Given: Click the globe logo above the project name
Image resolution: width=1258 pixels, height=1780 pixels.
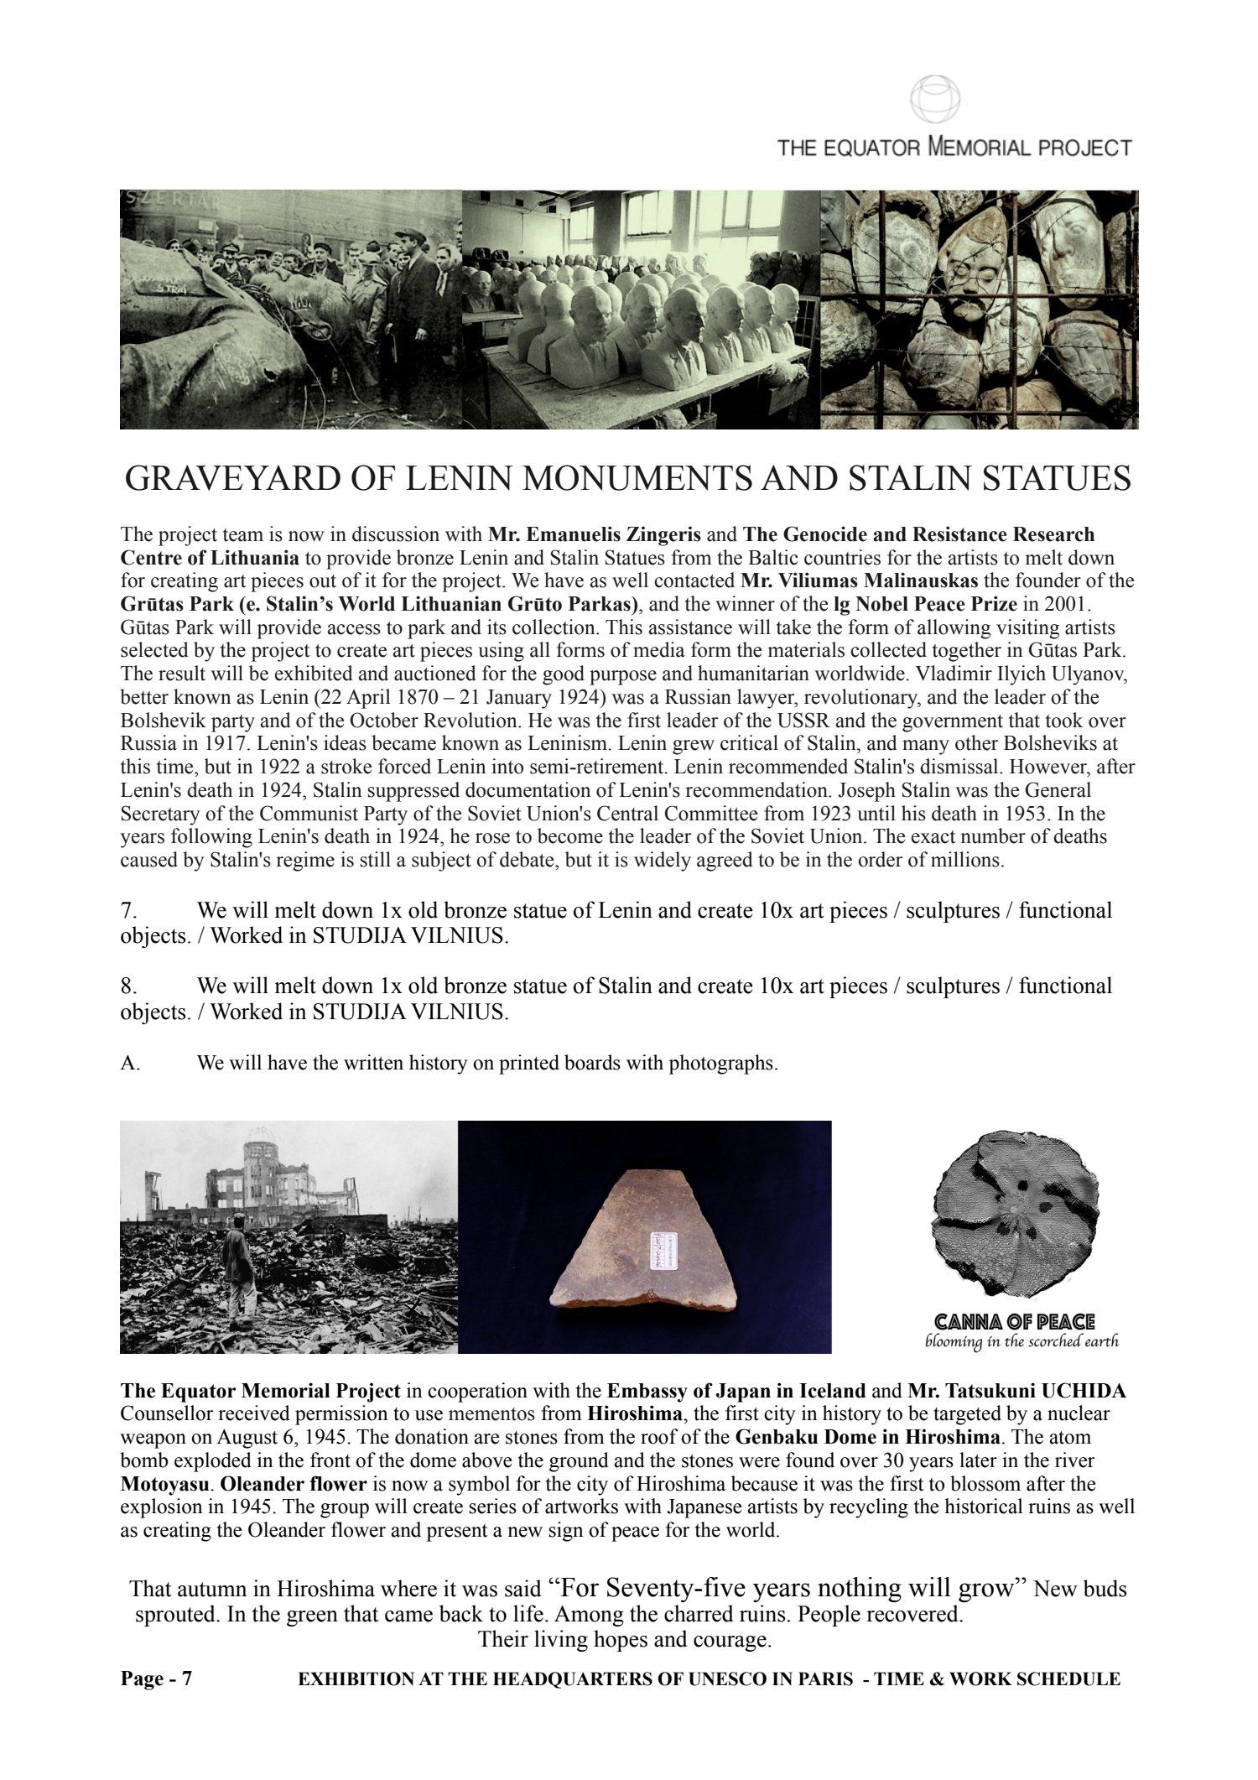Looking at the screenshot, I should [935, 100].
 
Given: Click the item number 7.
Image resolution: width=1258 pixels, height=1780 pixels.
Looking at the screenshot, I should [128, 911].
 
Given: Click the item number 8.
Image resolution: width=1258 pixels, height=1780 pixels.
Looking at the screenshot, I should [128, 986].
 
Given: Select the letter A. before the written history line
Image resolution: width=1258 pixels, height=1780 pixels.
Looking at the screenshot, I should [130, 1064].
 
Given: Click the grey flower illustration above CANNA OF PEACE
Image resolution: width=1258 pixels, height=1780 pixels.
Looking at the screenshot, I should [1014, 1215].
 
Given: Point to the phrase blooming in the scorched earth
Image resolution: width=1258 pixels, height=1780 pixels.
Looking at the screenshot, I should [1021, 1340].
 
